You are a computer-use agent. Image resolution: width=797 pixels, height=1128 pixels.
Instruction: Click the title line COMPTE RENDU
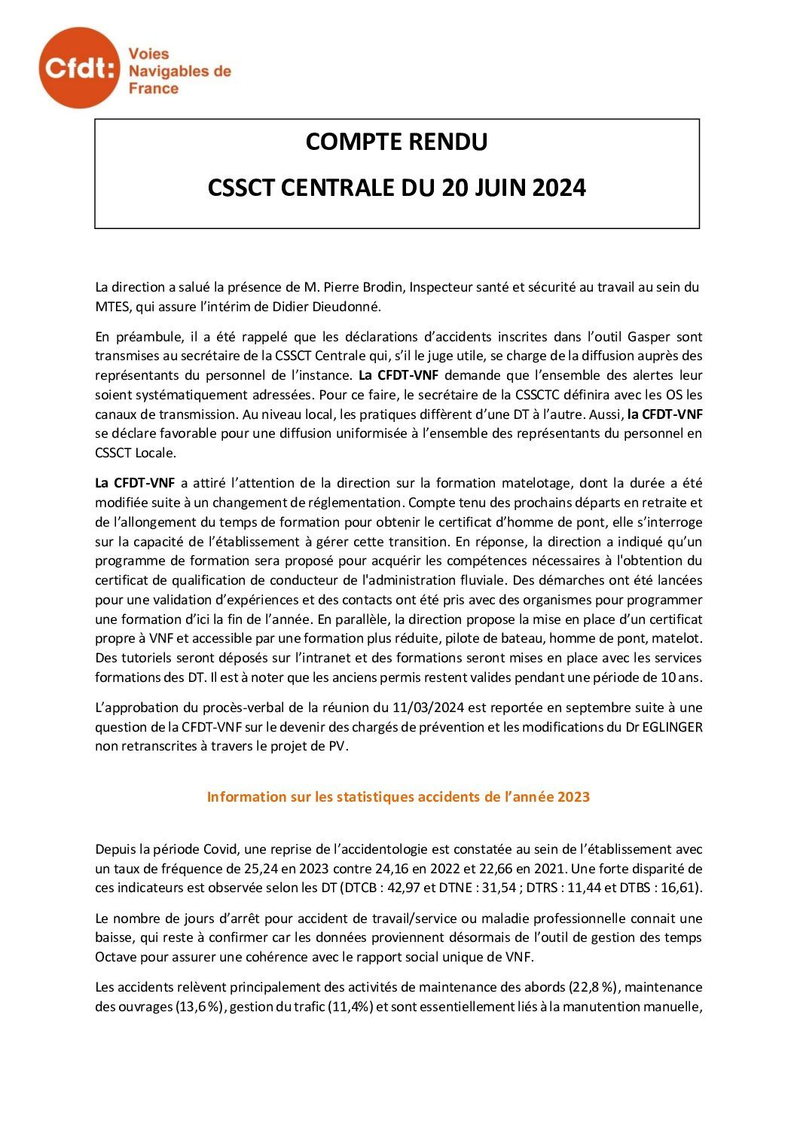click(x=396, y=142)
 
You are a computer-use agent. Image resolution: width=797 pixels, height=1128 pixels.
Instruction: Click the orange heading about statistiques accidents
click(x=398, y=796)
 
